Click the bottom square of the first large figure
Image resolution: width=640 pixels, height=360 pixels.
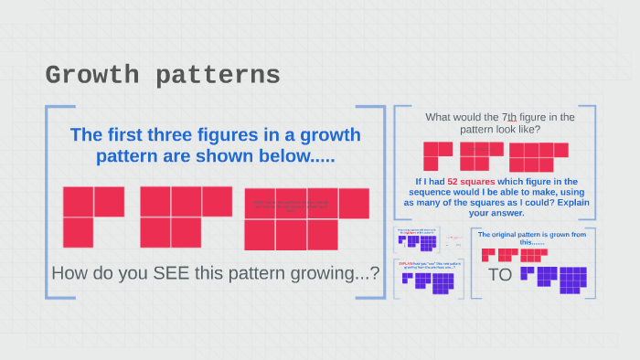[x=78, y=232]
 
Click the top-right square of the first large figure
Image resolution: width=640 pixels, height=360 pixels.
[x=109, y=201]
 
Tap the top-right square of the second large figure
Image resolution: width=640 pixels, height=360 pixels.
[x=218, y=201]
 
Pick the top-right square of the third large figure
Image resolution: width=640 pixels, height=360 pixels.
[x=354, y=203]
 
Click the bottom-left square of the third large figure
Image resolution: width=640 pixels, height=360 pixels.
[x=260, y=235]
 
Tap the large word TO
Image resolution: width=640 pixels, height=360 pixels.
[x=499, y=274]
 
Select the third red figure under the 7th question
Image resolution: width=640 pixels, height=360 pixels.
[x=539, y=156]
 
